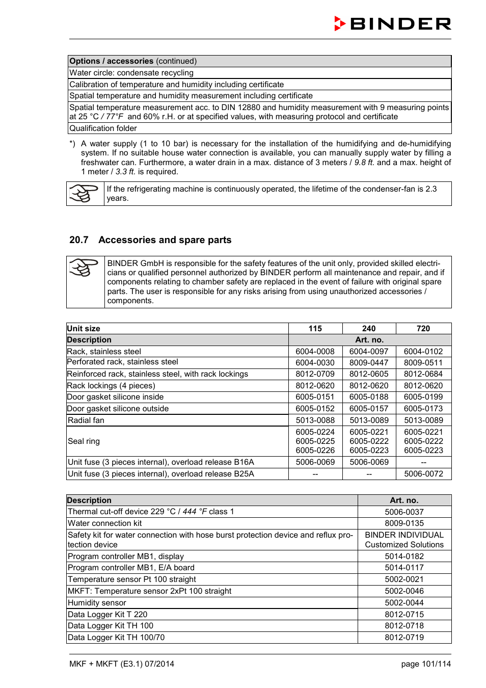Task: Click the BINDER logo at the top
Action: [x=392, y=24]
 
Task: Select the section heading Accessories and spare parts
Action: [x=165, y=240]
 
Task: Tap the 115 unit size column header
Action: [x=315, y=329]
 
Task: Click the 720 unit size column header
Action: [x=423, y=329]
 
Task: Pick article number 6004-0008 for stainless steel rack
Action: [x=315, y=352]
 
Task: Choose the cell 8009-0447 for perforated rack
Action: [x=368, y=363]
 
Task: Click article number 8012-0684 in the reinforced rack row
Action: [x=423, y=374]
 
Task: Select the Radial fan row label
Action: [x=86, y=420]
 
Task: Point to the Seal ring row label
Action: [x=84, y=441]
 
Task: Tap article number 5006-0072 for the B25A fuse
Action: [x=423, y=474]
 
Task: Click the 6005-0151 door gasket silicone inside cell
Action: [x=315, y=397]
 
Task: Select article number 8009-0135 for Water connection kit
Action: [x=404, y=523]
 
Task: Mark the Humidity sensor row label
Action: [x=97, y=603]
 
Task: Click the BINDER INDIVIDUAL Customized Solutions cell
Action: [x=404, y=540]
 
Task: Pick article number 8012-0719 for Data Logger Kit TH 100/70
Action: [x=404, y=638]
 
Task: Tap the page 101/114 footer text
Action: [x=425, y=664]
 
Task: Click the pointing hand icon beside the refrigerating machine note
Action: [x=84, y=194]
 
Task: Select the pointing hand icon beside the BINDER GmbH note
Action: [x=84, y=268]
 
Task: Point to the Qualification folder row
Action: [x=103, y=128]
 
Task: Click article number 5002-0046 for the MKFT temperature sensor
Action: [x=404, y=591]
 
